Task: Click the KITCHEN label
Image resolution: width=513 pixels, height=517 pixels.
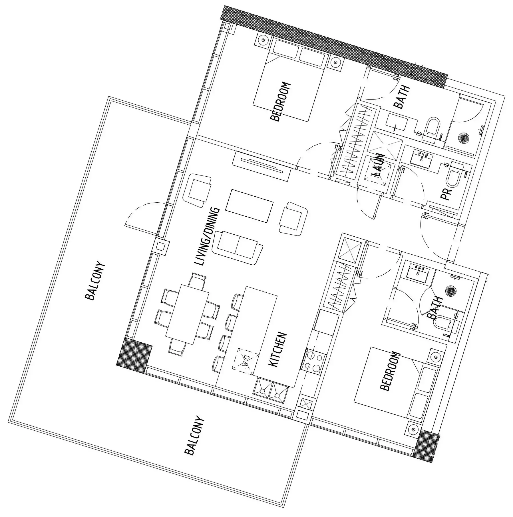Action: tap(277, 350)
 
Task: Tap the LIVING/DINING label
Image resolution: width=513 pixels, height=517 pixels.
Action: tap(207, 237)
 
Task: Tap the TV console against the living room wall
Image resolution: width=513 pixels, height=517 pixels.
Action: tap(261, 166)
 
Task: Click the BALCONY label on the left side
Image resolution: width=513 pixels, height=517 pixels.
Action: tap(95, 280)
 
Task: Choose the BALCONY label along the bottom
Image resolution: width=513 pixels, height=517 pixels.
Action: tap(195, 437)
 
